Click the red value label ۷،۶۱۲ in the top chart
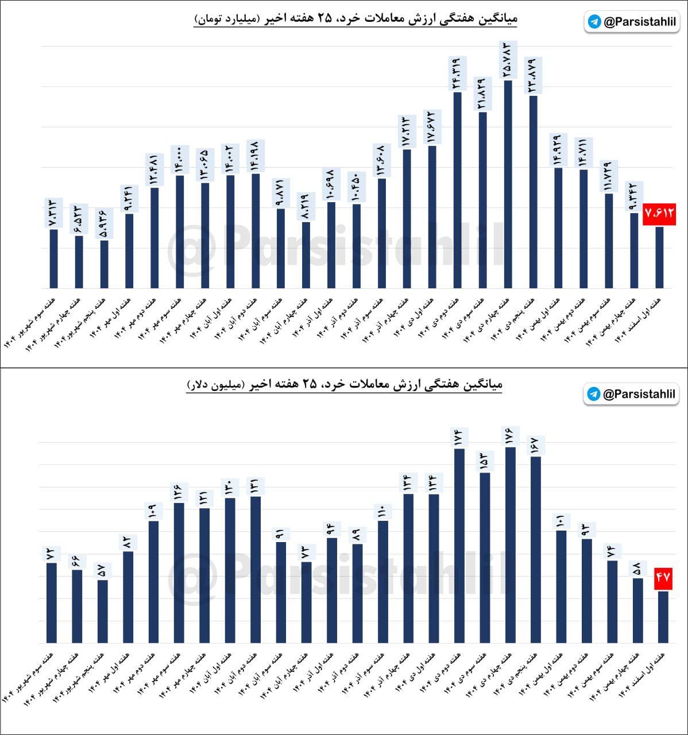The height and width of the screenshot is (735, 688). click(659, 214)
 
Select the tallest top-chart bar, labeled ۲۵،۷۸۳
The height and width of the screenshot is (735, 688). click(508, 184)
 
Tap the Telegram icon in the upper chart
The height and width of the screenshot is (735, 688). click(594, 22)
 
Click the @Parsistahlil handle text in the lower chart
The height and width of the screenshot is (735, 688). click(639, 394)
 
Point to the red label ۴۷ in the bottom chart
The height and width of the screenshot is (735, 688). click(663, 578)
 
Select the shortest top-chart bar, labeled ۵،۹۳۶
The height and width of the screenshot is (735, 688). click(104, 264)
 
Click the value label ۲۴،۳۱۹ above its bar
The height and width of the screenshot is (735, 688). click(457, 73)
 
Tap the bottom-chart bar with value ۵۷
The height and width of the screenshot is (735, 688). click(102, 611)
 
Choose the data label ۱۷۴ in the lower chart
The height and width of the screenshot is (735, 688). click(458, 438)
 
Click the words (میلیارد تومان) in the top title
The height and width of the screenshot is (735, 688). click(227, 19)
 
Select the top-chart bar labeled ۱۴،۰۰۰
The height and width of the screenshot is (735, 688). click(180, 231)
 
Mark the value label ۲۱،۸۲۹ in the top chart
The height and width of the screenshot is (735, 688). click(482, 94)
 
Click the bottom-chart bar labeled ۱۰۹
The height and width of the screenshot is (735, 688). click(153, 581)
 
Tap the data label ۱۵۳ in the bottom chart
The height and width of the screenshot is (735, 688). click(484, 461)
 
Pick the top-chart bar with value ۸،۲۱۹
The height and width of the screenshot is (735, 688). click(306, 254)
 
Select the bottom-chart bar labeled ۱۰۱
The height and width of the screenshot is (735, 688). click(561, 586)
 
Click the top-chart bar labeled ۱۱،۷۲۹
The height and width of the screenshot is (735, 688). click(609, 241)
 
